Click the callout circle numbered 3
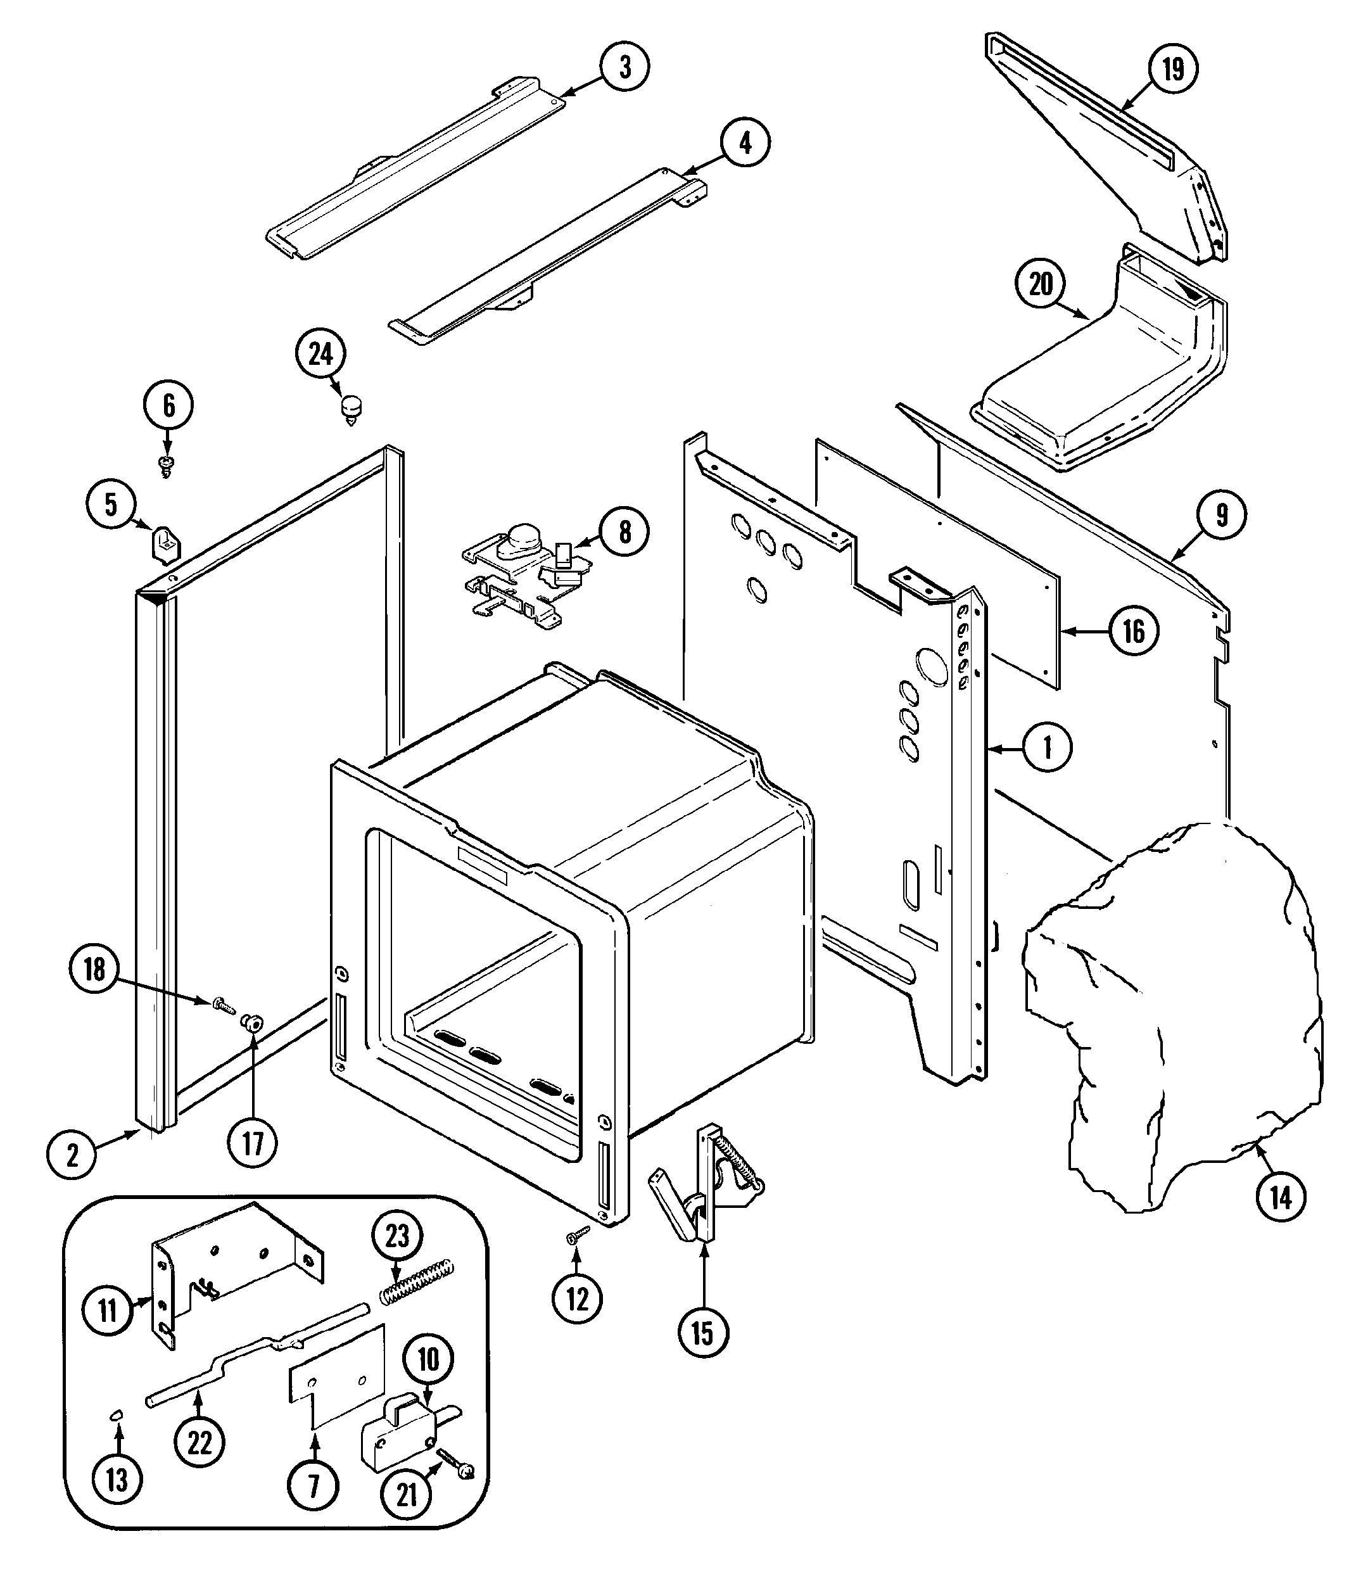[x=624, y=67]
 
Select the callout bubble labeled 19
[x=1173, y=69]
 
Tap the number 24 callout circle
[x=320, y=354]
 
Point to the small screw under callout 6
[x=167, y=465]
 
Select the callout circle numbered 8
[x=624, y=533]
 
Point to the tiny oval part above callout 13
[x=117, y=1413]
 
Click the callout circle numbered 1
[x=1047, y=748]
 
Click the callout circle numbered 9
[x=1220, y=515]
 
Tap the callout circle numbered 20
[x=1041, y=284]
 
